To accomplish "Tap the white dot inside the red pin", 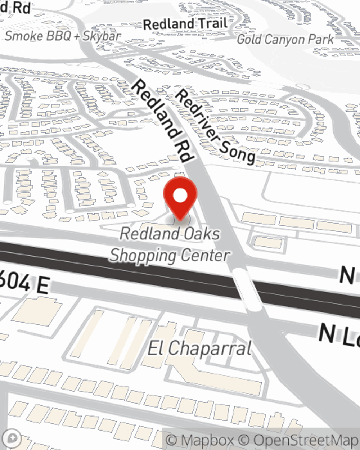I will [180, 195].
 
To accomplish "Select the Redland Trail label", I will [185, 24].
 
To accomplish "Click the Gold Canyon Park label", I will [285, 39].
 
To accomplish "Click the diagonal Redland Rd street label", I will [163, 121].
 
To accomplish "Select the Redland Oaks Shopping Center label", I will [170, 244].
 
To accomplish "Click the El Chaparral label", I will [199, 348].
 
